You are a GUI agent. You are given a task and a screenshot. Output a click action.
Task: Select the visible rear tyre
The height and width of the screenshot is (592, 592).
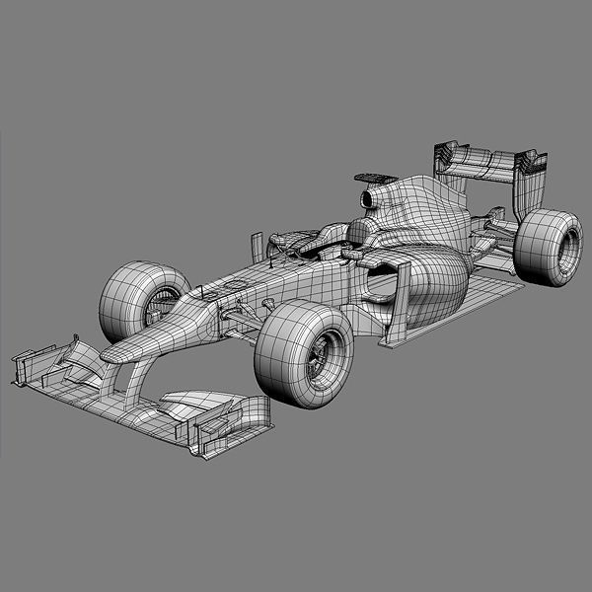pos(548,247)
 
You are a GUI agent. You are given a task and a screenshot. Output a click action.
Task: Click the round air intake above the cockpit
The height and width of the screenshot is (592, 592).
pos(369,200)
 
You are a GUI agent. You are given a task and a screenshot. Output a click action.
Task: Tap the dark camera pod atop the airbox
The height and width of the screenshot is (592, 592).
pos(373,178)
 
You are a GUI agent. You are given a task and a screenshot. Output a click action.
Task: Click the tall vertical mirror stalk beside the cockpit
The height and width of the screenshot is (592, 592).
pos(257,247)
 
